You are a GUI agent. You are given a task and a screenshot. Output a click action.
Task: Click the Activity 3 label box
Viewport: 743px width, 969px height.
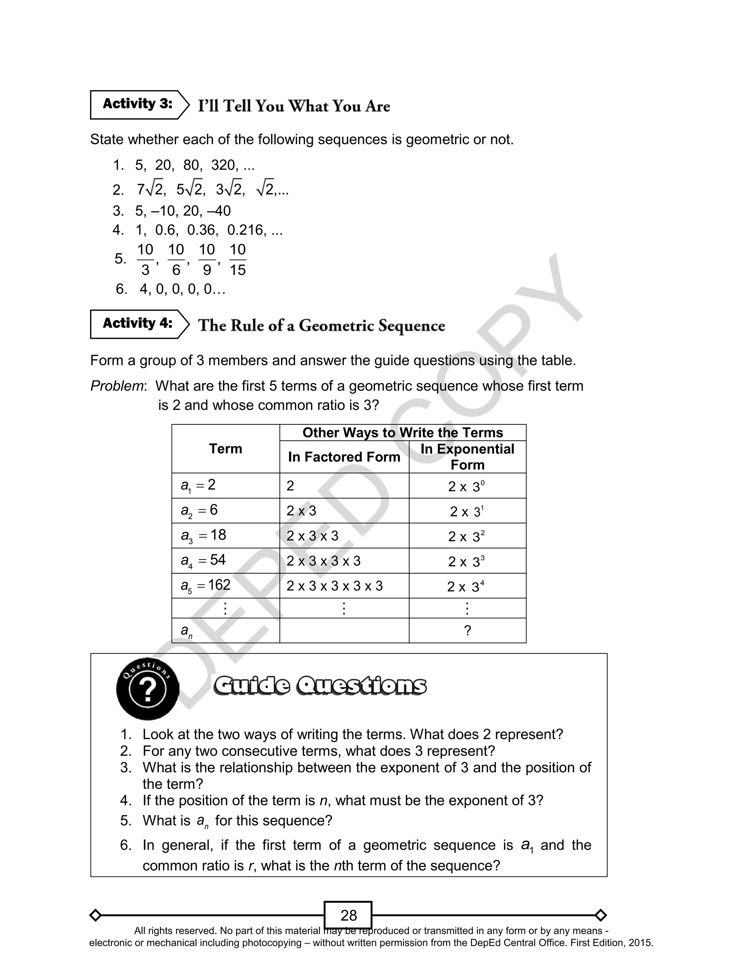coord(137,105)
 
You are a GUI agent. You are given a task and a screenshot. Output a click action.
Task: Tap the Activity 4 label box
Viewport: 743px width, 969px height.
coord(137,324)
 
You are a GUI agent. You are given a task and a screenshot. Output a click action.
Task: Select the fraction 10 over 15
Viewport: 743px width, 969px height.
coord(238,260)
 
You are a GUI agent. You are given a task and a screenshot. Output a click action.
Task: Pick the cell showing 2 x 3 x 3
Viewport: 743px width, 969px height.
coord(312,536)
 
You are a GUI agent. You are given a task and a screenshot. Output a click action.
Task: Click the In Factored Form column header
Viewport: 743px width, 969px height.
coord(344,457)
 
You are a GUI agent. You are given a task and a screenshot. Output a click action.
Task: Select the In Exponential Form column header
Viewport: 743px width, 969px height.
coord(468,457)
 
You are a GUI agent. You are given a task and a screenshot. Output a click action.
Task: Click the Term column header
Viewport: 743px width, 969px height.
coord(226,449)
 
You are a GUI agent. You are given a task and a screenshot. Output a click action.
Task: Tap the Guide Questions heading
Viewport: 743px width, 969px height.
coord(320,686)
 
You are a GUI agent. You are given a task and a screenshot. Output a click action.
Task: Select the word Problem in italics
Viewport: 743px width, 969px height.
coord(117,386)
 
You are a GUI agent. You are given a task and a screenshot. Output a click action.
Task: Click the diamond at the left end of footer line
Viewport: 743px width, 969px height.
coord(95,915)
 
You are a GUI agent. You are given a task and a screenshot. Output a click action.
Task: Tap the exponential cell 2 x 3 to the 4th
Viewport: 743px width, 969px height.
coord(466,587)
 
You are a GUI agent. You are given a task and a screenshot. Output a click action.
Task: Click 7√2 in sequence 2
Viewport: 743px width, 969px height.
coord(150,190)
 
